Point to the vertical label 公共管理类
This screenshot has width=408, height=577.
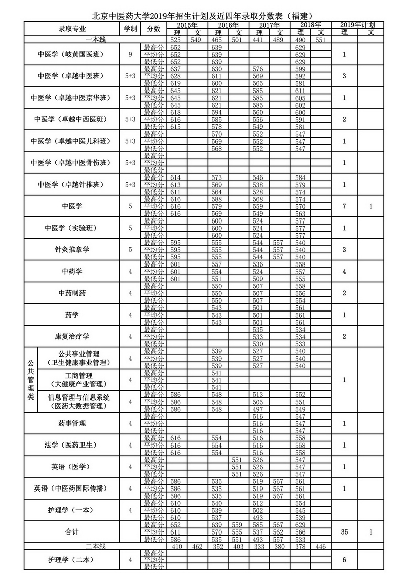(x=30, y=380)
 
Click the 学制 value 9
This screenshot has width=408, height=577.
(x=130, y=54)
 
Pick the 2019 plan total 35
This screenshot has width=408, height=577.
(x=344, y=532)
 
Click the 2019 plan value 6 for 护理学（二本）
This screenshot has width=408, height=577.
(x=344, y=560)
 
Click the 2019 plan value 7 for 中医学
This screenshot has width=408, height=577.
(x=344, y=206)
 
